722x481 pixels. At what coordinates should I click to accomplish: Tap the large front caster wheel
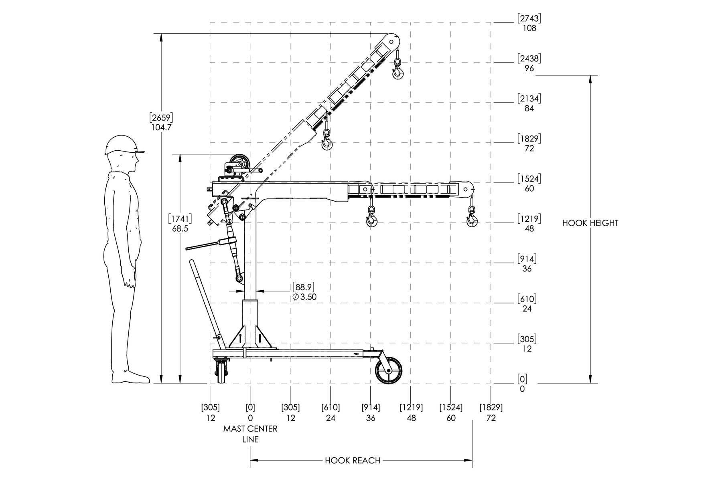[x=388, y=371]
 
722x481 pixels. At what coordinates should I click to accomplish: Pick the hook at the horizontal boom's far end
[x=472, y=216]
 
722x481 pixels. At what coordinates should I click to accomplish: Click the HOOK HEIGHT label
[x=590, y=223]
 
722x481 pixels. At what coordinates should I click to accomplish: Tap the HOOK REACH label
[x=353, y=461]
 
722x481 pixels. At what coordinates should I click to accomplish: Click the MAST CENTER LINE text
[x=250, y=434]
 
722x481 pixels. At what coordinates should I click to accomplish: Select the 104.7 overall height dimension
[x=161, y=127]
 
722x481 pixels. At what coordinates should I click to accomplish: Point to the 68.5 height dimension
[x=180, y=229]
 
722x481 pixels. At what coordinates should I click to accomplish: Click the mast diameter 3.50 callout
[x=304, y=297]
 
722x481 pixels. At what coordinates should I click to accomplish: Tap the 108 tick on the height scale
[x=529, y=28]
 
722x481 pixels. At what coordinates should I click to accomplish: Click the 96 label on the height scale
[x=529, y=69]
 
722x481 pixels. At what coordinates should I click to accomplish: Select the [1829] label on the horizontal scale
[x=491, y=408]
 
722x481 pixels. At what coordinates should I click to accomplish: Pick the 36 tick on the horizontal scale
[x=371, y=418]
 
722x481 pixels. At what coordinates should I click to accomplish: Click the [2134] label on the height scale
[x=529, y=98]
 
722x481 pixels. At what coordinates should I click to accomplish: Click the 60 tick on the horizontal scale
[x=451, y=418]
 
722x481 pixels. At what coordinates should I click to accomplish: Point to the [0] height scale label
[x=522, y=379]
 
